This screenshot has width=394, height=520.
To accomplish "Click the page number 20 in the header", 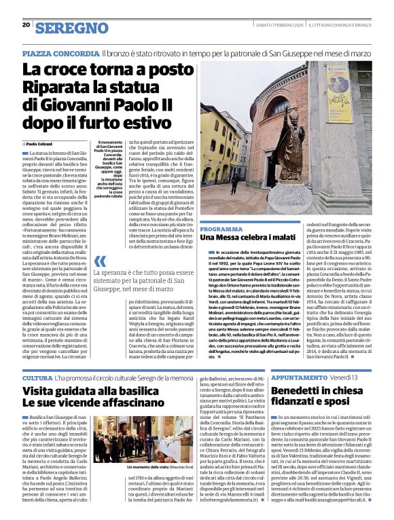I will point(26,24).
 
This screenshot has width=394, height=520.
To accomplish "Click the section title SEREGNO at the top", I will point(71,27).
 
